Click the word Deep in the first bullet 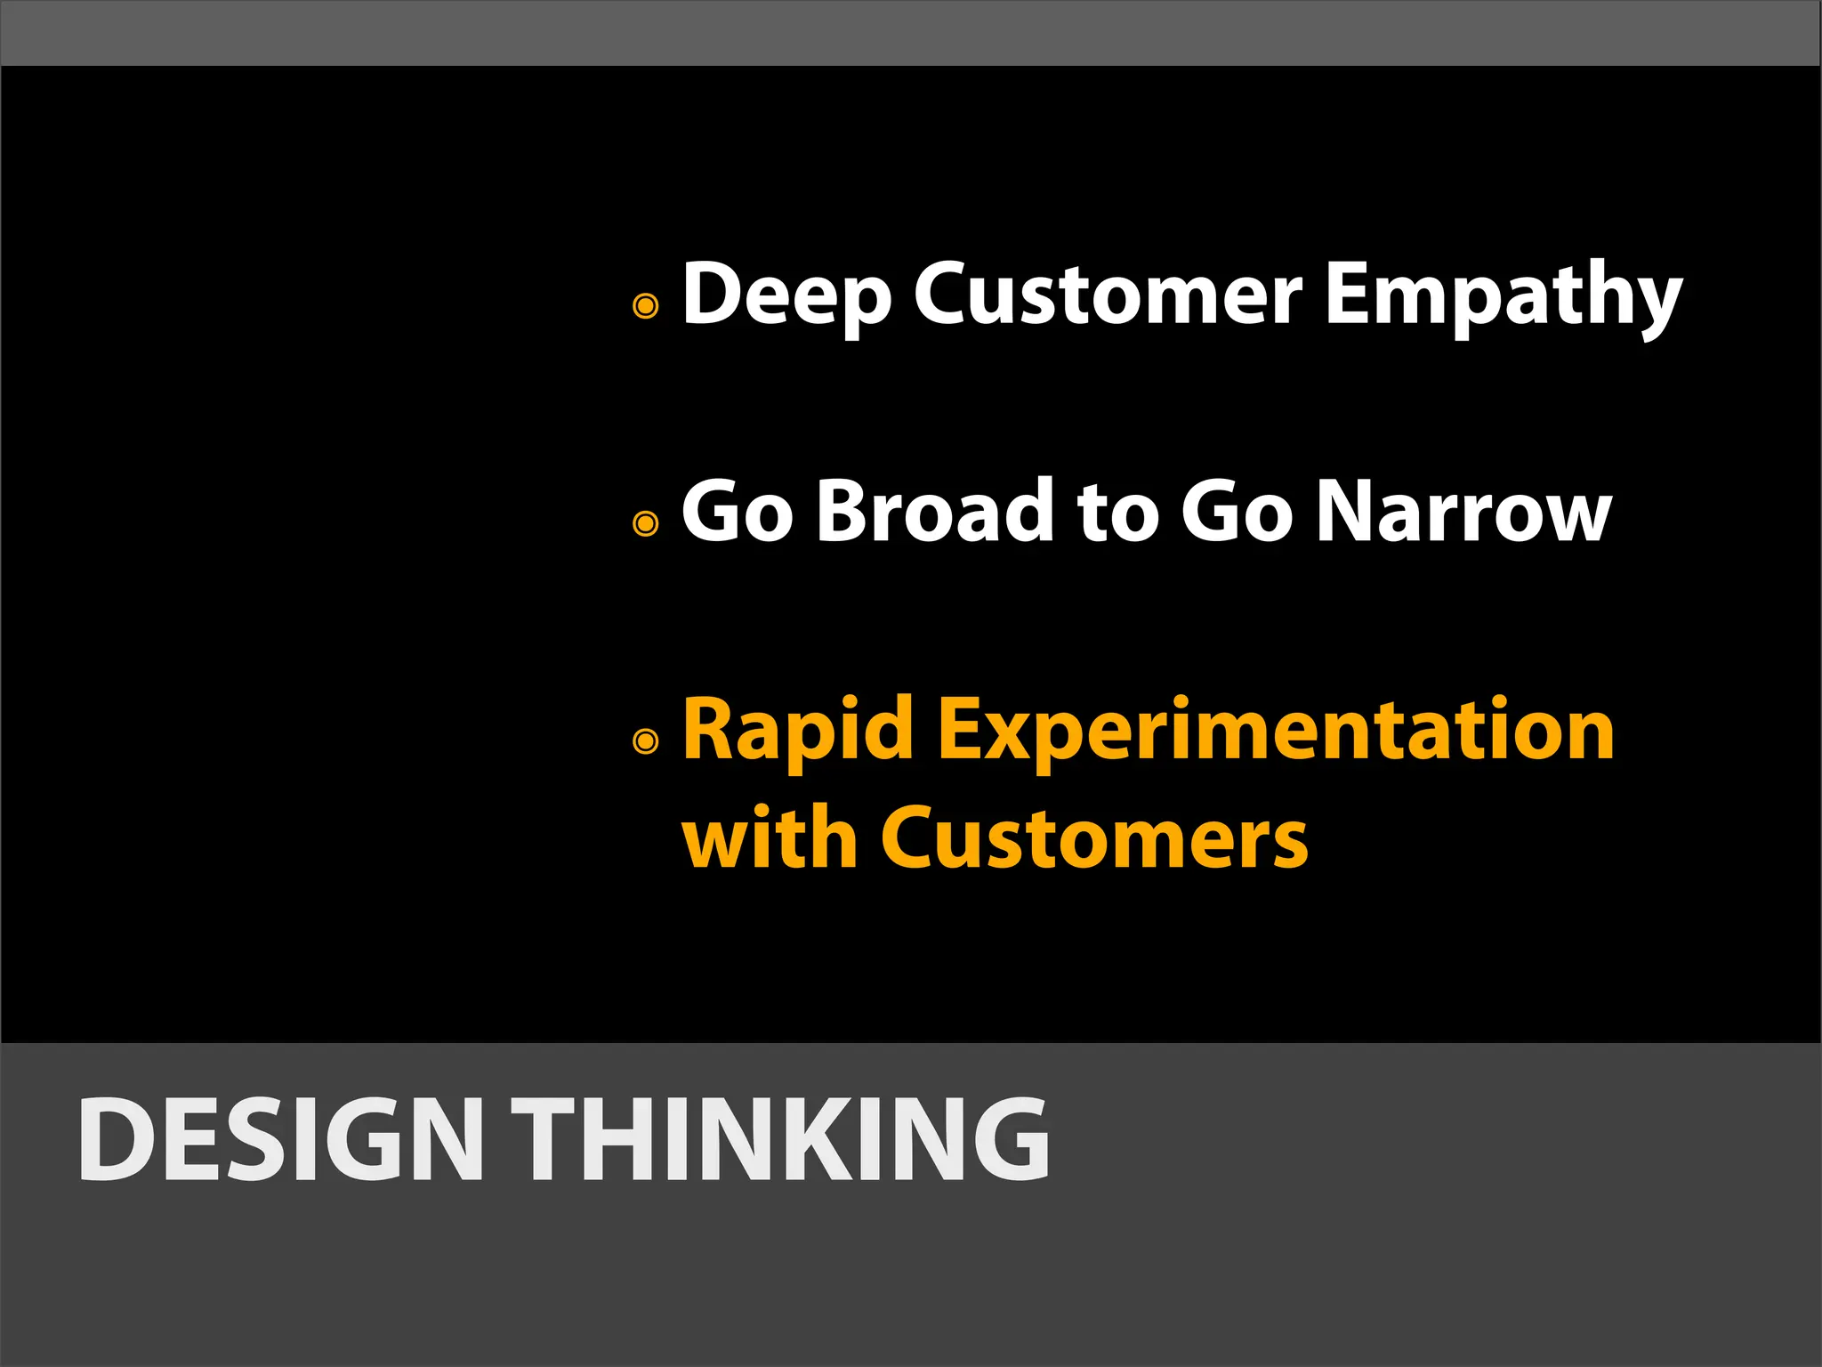coord(786,295)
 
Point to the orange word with coord(769,837)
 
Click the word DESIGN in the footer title coord(280,1139)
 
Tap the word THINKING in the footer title coord(780,1139)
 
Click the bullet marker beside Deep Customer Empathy coord(646,306)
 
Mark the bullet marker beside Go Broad coord(646,522)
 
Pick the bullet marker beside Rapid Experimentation coord(646,740)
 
